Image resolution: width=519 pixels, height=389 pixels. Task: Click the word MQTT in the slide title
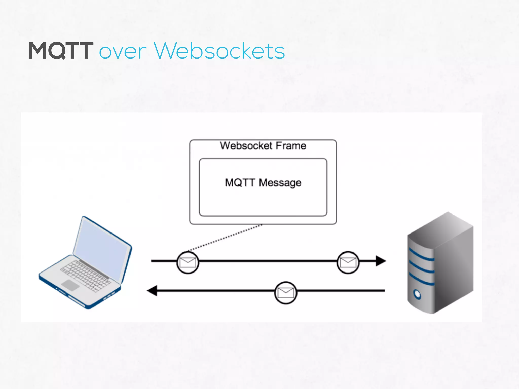pyautogui.click(x=61, y=51)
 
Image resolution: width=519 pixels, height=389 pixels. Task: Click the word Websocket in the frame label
pyautogui.click(x=246, y=146)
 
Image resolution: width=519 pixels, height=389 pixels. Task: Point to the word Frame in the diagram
pyautogui.click(x=291, y=146)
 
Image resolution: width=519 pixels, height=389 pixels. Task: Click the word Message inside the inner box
pyautogui.click(x=280, y=183)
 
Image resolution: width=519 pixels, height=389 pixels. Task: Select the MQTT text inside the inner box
pyautogui.click(x=240, y=182)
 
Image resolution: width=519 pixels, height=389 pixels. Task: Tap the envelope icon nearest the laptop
pyautogui.click(x=188, y=263)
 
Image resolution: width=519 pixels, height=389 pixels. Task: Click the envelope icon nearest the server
pyautogui.click(x=348, y=263)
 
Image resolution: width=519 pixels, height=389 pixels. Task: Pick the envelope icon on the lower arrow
pyautogui.click(x=286, y=293)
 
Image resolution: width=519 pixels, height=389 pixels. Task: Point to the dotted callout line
pyautogui.click(x=226, y=238)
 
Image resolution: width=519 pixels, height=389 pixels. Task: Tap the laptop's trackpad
pyautogui.click(x=70, y=285)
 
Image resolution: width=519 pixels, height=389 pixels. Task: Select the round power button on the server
pyautogui.click(x=417, y=294)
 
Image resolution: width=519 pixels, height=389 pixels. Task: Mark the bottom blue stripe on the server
pyautogui.click(x=421, y=280)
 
